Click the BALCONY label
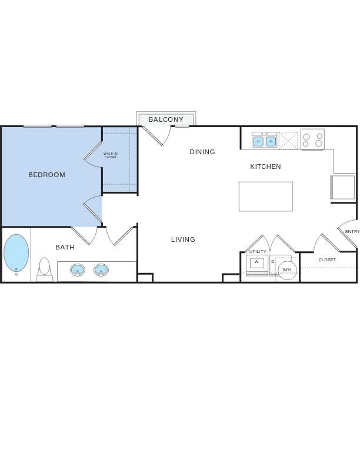[166, 119]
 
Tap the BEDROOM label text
[47, 175]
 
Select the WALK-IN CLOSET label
[111, 155]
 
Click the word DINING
[202, 152]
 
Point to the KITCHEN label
[265, 167]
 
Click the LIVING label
[183, 239]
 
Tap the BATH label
[65, 247]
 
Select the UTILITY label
[258, 251]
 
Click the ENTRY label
[352, 232]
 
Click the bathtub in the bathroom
[16, 253]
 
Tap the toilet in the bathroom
[44, 270]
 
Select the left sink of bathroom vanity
[77, 270]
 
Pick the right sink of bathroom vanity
[101, 270]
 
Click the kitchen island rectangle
[265, 197]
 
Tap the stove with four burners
[312, 139]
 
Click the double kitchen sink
[264, 141]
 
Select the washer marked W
[256, 263]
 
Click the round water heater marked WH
[287, 269]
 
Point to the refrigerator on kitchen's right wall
[343, 187]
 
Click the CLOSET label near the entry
[327, 259]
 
